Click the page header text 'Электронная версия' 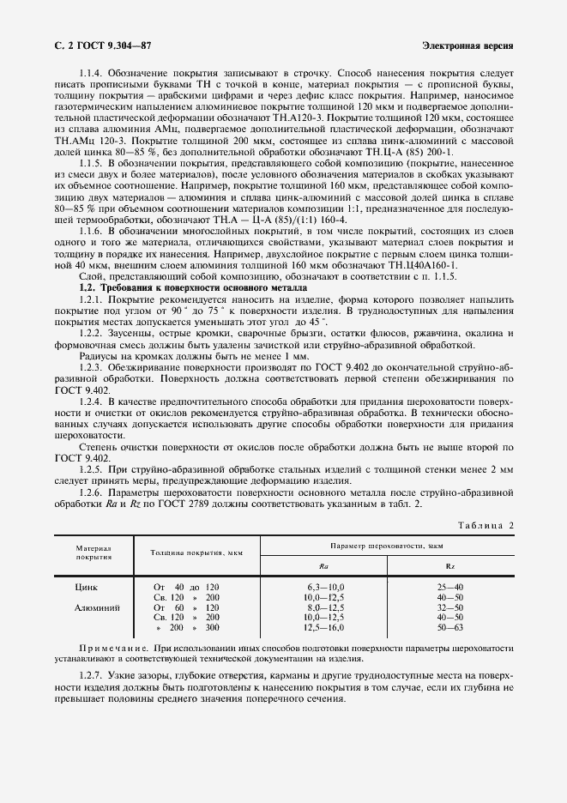pos(468,44)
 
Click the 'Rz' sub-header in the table pos(449,566)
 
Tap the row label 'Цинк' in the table pos(88,586)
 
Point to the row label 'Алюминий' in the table pos(97,607)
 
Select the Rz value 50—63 pos(449,627)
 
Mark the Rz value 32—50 pos(449,607)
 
